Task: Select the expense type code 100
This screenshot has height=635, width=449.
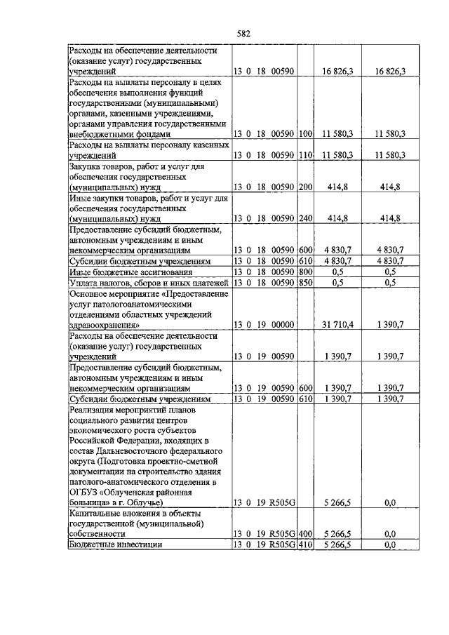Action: (304, 133)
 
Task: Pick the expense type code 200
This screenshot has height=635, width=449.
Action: (304, 187)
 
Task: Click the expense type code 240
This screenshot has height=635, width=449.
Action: (304, 219)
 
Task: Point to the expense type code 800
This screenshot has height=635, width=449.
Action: (304, 272)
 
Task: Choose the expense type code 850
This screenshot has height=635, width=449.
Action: (304, 283)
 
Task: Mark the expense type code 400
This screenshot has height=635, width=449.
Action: (304, 534)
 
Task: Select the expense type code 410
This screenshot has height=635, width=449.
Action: (304, 544)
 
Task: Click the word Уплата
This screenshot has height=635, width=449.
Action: (83, 283)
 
